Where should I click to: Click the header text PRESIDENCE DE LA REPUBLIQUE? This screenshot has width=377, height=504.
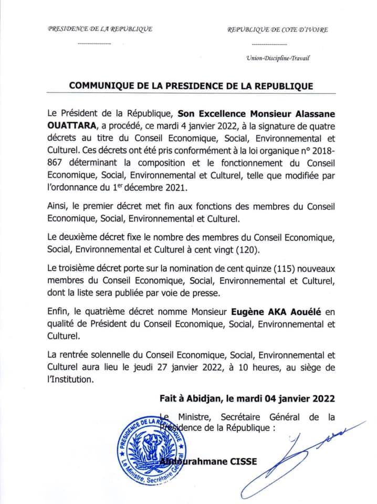pyautogui.click(x=100, y=29)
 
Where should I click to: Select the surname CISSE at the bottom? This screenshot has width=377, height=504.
pyautogui.click(x=239, y=462)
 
